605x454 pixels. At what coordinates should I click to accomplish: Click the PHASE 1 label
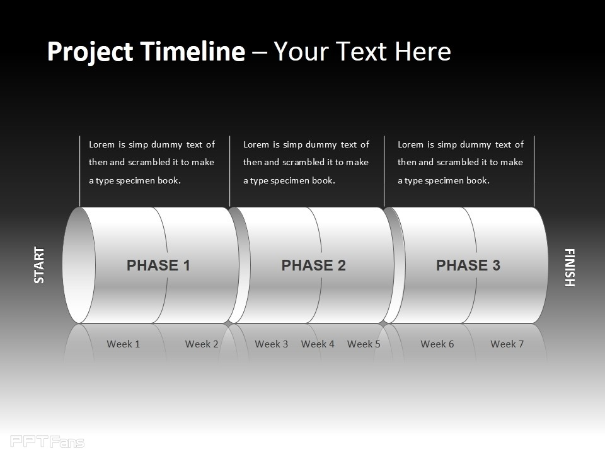[158, 265]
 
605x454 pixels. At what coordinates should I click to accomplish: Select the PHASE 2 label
[313, 265]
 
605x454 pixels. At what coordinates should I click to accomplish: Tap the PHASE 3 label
[468, 265]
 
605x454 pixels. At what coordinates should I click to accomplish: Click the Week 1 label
[123, 344]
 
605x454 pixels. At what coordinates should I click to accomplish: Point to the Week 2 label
[202, 344]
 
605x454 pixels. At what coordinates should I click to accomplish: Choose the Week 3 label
[271, 344]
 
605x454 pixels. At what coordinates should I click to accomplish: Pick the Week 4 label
[318, 344]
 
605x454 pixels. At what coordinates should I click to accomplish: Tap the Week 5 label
[364, 344]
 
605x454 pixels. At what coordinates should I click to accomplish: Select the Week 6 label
[437, 344]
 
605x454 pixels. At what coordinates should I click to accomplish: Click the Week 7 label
[507, 344]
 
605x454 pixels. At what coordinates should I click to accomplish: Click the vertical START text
[39, 265]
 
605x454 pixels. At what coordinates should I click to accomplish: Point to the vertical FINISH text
[570, 267]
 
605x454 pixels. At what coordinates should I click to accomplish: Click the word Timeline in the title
[193, 51]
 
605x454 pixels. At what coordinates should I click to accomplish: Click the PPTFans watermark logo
[47, 441]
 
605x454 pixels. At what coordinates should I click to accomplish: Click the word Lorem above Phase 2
[256, 144]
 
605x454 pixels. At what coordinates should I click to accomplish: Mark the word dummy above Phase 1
[166, 145]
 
